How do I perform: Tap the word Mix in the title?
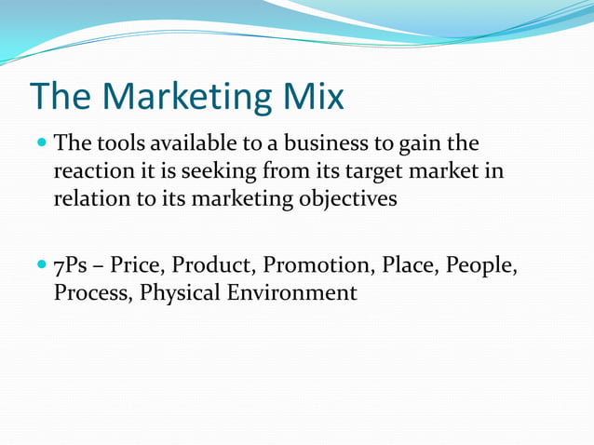(x=313, y=97)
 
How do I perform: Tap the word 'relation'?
(x=89, y=200)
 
